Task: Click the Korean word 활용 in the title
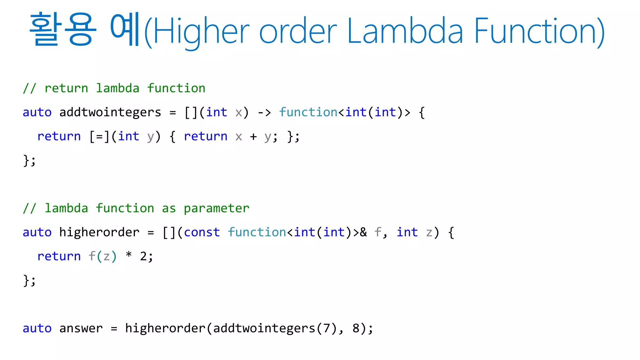click(62, 30)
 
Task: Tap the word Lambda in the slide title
click(405, 31)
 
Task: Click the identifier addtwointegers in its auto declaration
click(110, 112)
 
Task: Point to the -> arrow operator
click(264, 112)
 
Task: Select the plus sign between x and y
click(253, 137)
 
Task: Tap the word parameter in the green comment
click(216, 208)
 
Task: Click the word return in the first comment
click(66, 88)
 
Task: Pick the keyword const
click(202, 232)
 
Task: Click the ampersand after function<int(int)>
click(363, 232)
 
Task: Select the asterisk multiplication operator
click(128, 256)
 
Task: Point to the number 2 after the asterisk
click(143, 257)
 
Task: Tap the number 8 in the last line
click(356, 328)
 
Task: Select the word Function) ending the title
click(539, 31)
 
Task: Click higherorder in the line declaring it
click(99, 232)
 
